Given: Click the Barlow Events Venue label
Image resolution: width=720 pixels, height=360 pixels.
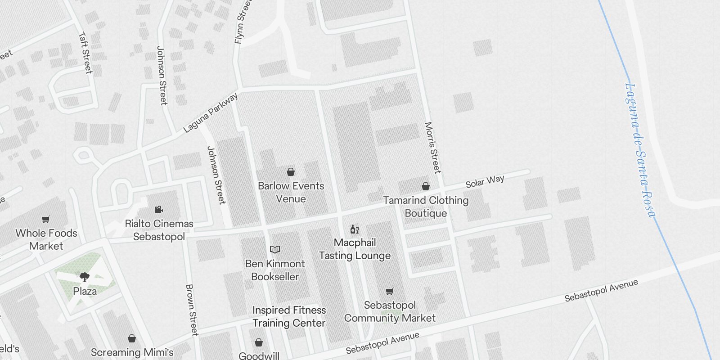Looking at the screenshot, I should (291, 192).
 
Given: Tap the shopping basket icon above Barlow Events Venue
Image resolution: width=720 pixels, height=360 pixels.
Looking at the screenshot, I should (291, 172).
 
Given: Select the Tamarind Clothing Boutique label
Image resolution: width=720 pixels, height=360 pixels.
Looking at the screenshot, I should (426, 207).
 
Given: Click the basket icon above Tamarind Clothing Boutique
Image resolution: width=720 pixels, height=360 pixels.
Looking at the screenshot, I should (426, 186).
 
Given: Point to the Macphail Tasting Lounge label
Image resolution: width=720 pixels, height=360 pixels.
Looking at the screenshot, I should (355, 249).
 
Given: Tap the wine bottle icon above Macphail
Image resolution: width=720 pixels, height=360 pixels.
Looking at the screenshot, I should (355, 229).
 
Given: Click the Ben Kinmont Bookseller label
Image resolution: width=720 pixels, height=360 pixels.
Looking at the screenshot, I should (275, 270).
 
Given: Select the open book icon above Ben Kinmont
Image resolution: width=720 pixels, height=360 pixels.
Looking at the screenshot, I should (275, 249).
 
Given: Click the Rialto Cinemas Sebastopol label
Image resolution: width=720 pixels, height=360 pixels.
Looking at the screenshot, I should (159, 230).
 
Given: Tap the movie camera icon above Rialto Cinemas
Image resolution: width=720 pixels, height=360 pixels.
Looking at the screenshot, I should (158, 209).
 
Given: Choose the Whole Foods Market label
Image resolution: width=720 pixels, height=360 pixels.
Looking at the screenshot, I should (46, 239).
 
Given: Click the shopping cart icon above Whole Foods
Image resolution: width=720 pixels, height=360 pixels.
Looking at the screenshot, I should (46, 220).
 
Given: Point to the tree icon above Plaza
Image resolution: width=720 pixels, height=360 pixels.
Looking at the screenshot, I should (85, 277).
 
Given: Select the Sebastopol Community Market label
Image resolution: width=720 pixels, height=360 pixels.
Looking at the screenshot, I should (390, 311).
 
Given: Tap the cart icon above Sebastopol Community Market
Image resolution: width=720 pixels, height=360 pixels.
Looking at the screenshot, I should (390, 292).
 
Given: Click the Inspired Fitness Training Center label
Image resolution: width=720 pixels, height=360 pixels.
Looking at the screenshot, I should (289, 316).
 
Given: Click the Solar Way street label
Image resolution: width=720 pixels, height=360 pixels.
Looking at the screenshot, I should (485, 181).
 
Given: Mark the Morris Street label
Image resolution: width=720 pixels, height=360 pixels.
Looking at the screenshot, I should (432, 148).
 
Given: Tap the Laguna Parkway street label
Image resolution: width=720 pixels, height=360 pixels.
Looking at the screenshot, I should (211, 113).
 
